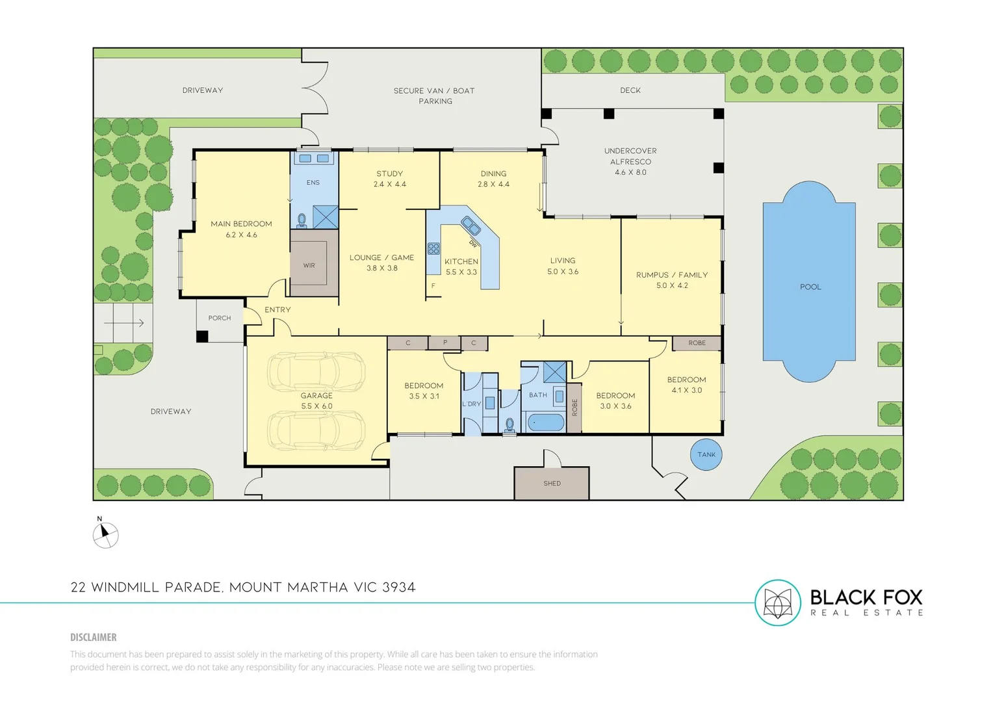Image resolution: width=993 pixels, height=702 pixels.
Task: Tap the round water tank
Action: point(706,454)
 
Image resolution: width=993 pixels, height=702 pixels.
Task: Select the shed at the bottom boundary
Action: point(552,483)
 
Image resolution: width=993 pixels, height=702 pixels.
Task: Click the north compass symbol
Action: point(105,535)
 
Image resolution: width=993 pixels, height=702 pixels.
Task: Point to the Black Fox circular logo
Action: point(777,603)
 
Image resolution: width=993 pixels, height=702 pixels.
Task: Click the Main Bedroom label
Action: point(241,224)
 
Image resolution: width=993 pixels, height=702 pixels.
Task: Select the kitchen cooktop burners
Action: point(433,248)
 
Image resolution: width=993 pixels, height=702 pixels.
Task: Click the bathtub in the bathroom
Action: point(545,422)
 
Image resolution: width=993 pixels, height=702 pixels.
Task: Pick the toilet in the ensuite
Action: point(302,221)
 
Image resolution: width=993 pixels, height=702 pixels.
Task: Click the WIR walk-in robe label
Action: point(309,265)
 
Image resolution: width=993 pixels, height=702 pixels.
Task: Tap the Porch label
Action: point(220,318)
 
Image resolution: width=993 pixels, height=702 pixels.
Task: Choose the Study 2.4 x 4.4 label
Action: point(389,179)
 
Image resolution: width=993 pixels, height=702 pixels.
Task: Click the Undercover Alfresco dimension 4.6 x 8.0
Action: point(630,172)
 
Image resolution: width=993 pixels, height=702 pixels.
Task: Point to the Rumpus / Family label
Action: point(672,275)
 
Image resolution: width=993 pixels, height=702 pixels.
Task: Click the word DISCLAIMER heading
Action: point(94,637)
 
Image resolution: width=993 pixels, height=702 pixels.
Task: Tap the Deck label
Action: point(630,90)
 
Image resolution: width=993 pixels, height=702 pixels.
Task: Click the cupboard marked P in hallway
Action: point(445,342)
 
